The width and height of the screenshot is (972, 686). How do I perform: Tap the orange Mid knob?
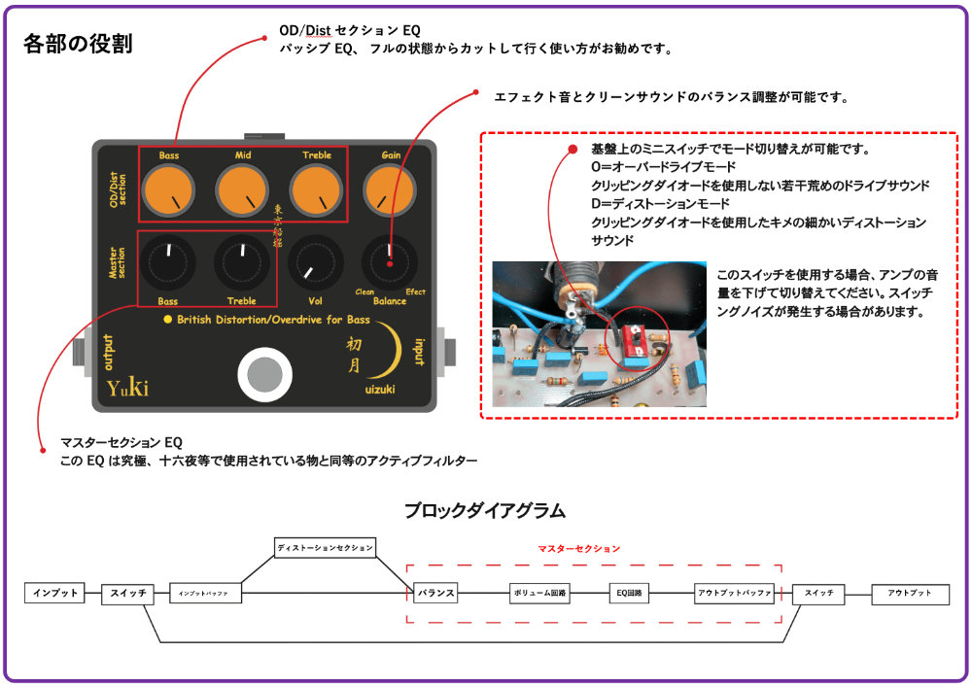[243, 190]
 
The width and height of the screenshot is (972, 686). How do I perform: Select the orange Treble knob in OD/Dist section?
[316, 190]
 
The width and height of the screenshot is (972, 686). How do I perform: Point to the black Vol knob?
[316, 261]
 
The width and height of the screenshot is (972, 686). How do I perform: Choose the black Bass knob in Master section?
[169, 261]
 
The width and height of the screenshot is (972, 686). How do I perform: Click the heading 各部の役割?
[77, 44]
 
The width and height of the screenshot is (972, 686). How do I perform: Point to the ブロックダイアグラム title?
[485, 509]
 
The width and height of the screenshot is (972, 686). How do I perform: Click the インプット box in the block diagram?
[55, 593]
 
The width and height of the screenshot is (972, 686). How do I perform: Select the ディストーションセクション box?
[325, 547]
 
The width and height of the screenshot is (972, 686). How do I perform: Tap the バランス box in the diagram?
[434, 593]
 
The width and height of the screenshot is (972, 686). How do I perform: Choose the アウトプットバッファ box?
[735, 593]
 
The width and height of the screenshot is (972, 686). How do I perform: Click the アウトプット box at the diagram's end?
[910, 593]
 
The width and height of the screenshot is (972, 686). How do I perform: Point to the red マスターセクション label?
[579, 549]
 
